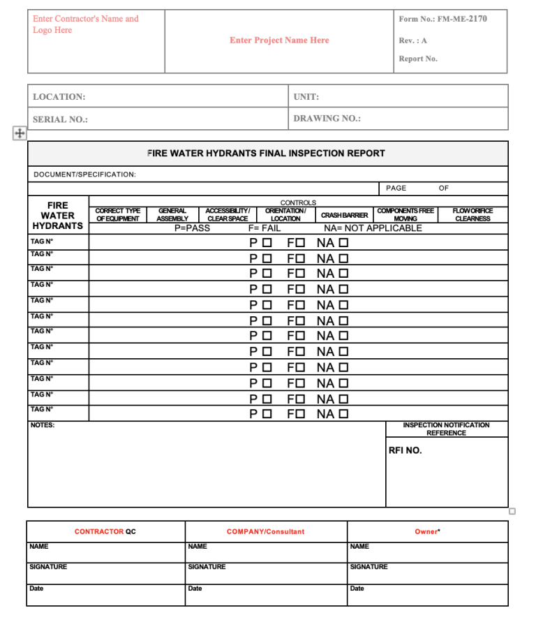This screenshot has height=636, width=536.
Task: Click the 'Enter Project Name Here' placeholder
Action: (x=279, y=40)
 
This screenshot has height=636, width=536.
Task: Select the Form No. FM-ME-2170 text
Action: (x=442, y=19)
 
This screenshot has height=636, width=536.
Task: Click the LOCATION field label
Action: (x=59, y=97)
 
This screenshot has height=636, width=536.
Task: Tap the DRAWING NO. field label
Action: (x=327, y=119)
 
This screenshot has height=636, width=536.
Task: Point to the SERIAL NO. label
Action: (x=60, y=119)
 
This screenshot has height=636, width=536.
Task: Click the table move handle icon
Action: (x=20, y=133)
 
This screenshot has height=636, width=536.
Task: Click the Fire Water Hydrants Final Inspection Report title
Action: (x=267, y=153)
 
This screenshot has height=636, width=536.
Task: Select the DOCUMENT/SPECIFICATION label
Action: (x=85, y=175)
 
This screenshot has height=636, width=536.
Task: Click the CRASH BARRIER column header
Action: (x=344, y=215)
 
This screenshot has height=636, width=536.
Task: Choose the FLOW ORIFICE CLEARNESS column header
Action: (x=472, y=214)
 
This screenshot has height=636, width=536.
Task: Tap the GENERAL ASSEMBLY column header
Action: (x=172, y=214)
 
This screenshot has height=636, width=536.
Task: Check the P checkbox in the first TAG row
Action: (x=267, y=243)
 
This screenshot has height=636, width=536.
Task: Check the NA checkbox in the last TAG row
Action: (x=343, y=414)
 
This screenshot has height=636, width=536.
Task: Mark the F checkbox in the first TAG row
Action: (x=300, y=243)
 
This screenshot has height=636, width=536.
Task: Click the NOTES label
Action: (x=43, y=425)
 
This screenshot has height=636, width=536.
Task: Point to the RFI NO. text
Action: (x=405, y=450)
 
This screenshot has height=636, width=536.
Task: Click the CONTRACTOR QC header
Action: (x=105, y=532)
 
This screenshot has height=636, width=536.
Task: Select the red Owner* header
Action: (x=427, y=532)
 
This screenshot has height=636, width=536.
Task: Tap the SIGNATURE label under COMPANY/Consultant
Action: (x=207, y=567)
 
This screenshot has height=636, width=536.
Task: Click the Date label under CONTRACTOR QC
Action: (x=36, y=589)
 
